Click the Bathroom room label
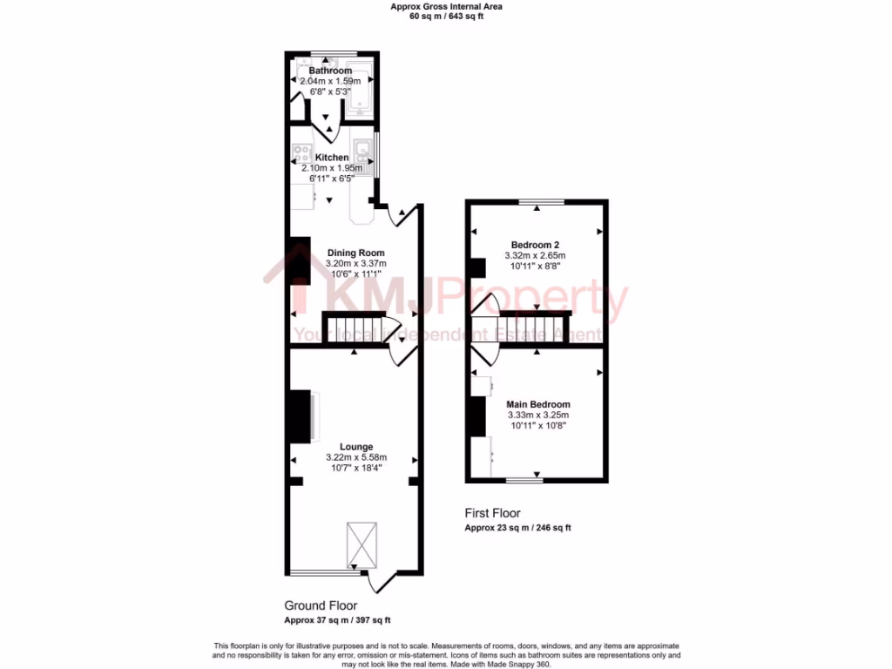[330, 71]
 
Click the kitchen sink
[362, 155]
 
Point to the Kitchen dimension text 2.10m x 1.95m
[331, 168]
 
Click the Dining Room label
[355, 253]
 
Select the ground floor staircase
[353, 327]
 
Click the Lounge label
[355, 447]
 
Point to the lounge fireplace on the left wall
[301, 416]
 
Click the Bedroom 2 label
[535, 245]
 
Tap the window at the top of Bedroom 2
[542, 202]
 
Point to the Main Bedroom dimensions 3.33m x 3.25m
[538, 416]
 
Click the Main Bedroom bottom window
[525, 479]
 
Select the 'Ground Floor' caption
[321, 605]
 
